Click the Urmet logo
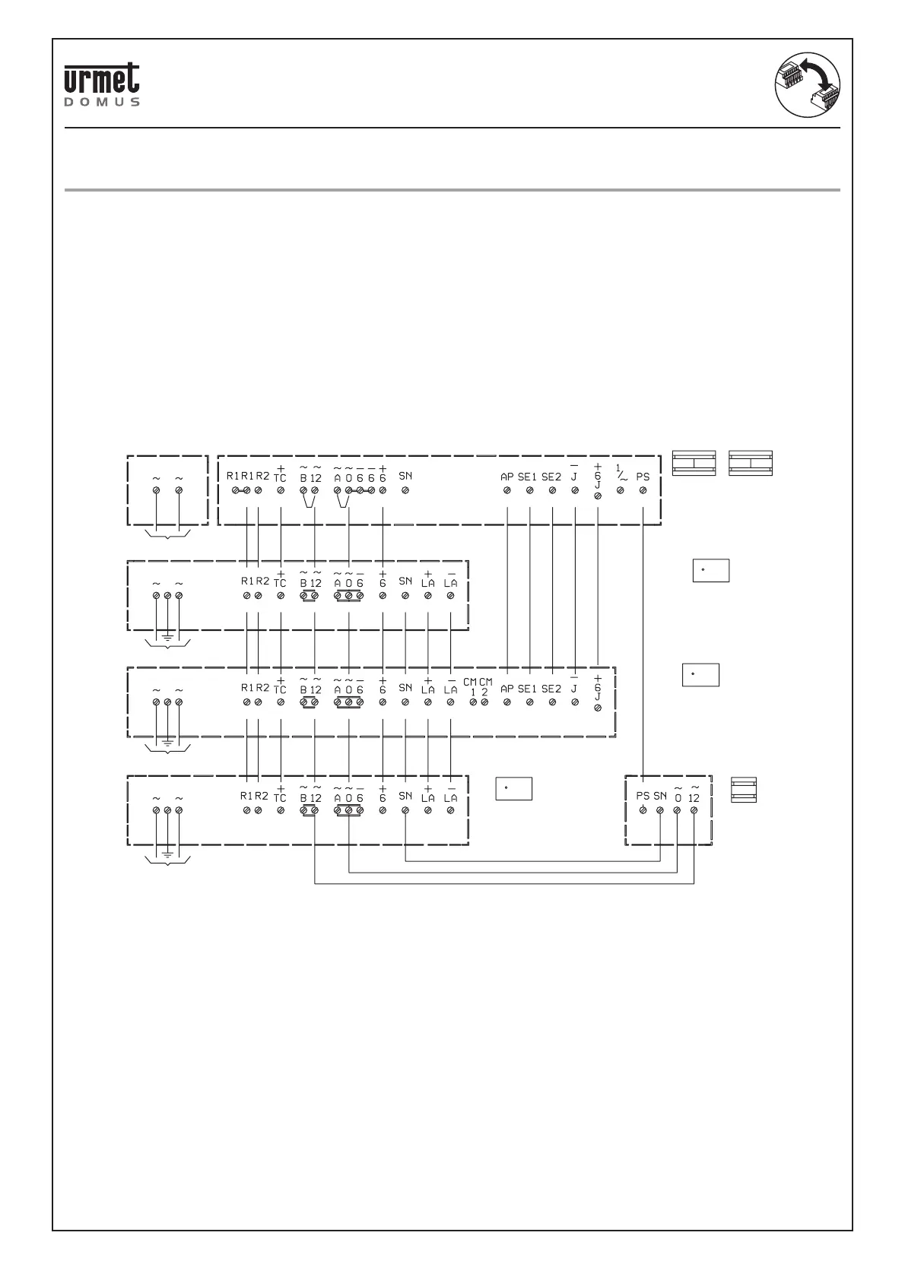(101, 79)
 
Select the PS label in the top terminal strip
(643, 477)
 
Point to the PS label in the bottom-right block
(643, 797)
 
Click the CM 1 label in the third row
(472, 687)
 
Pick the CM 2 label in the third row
(485, 687)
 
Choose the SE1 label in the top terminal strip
(528, 477)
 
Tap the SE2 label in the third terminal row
(551, 689)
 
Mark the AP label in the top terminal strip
(507, 477)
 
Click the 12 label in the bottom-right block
(693, 797)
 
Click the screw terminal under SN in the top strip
(405, 490)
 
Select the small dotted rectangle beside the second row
(710, 570)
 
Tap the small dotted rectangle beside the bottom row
(513, 789)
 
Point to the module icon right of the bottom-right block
(744, 790)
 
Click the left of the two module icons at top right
(694, 463)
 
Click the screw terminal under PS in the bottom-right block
(643, 811)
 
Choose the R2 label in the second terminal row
(262, 581)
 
